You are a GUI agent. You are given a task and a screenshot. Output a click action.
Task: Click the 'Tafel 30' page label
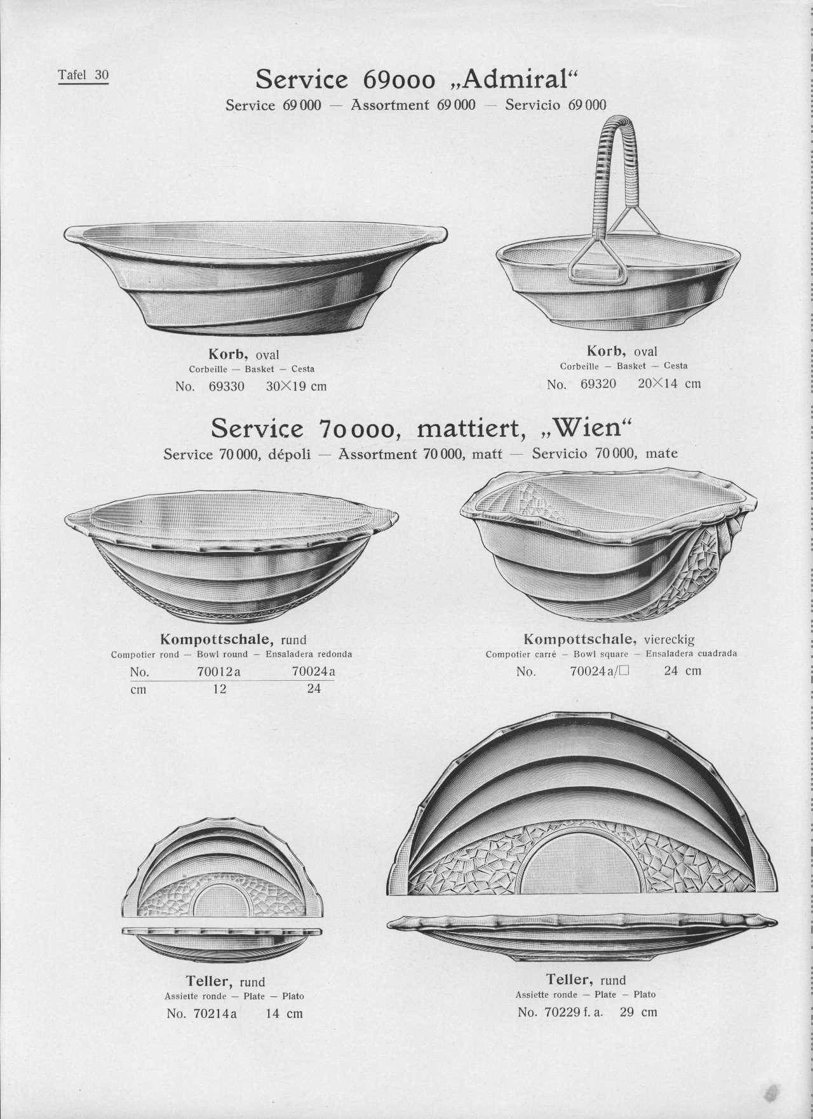tap(83, 75)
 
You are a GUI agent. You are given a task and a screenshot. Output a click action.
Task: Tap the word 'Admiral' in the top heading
tap(514, 80)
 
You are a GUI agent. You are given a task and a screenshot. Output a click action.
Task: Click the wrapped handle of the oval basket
tap(614, 165)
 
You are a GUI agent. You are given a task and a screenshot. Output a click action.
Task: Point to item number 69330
tap(226, 386)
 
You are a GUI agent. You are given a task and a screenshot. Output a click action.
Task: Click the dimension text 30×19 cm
tap(296, 386)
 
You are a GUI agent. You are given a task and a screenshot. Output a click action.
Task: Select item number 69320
tap(598, 384)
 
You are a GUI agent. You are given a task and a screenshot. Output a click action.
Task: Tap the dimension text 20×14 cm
tap(669, 384)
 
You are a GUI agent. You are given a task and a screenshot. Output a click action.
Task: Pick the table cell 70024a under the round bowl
tap(313, 672)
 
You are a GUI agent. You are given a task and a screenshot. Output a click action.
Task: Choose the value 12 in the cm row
tap(219, 689)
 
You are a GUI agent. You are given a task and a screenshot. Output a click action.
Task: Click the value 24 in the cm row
tap(314, 689)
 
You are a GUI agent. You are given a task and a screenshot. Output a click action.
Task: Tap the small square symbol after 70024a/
tap(623, 671)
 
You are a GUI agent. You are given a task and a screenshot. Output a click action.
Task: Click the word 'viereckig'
tap(669, 640)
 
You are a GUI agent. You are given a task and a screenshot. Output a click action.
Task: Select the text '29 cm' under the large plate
tap(638, 1012)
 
